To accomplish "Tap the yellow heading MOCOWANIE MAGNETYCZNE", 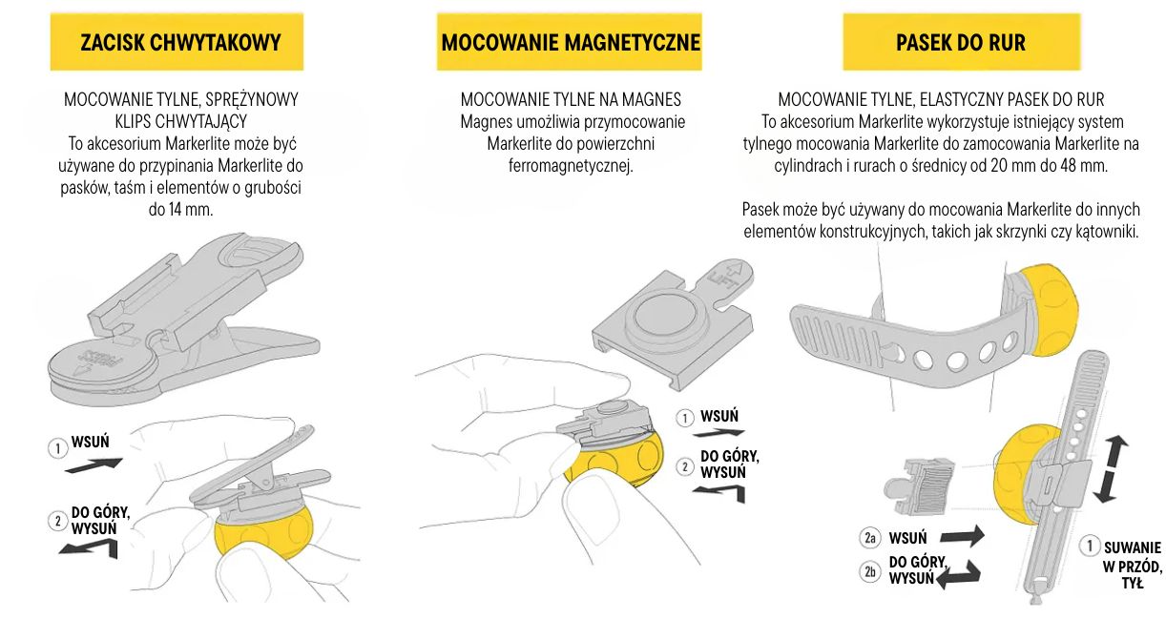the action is pyautogui.click(x=571, y=42).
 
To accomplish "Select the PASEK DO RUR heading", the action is pyautogui.click(x=961, y=42).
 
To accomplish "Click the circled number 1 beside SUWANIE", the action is pyautogui.click(x=1089, y=546).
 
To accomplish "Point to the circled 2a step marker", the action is pyautogui.click(x=870, y=538).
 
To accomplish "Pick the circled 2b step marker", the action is pyautogui.click(x=870, y=572).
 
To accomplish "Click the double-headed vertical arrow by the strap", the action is pyautogui.click(x=1111, y=469).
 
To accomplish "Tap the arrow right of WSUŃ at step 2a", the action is pyautogui.click(x=963, y=537).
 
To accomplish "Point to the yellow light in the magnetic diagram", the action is pyautogui.click(x=614, y=462).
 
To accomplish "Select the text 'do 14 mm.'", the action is pyautogui.click(x=180, y=210).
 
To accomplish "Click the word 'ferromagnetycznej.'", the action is pyautogui.click(x=571, y=166).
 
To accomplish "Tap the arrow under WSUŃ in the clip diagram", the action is pyautogui.click(x=94, y=465).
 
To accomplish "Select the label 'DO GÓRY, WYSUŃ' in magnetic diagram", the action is pyautogui.click(x=730, y=464).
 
